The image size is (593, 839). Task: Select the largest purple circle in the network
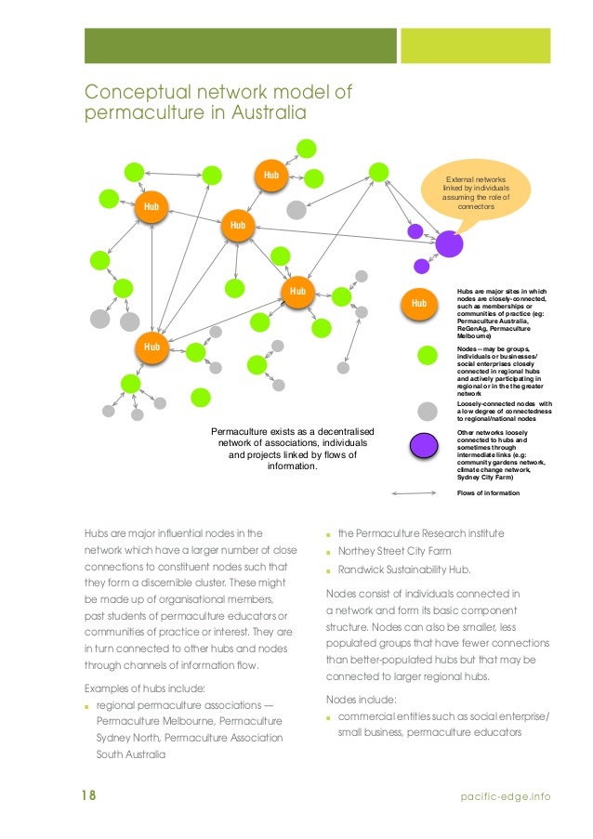[450, 244]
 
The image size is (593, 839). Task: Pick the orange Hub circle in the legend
[418, 303]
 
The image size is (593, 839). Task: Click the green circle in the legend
[428, 356]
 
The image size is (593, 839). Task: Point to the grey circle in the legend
[428, 411]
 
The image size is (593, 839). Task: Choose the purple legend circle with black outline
[425, 445]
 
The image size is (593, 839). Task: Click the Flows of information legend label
[488, 492]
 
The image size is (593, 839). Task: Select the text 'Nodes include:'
[362, 699]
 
